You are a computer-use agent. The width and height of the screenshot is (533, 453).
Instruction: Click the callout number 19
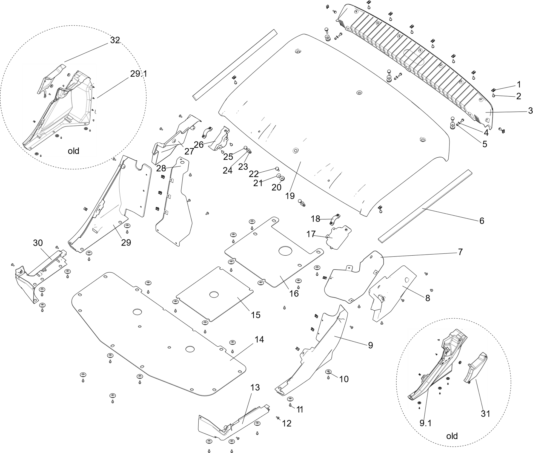pyautogui.click(x=290, y=196)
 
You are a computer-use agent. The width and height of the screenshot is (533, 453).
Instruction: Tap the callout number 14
pyautogui.click(x=259, y=340)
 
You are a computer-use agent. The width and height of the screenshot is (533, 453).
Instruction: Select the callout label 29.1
pyautogui.click(x=139, y=74)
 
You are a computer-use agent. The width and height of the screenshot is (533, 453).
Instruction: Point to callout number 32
pyautogui.click(x=115, y=40)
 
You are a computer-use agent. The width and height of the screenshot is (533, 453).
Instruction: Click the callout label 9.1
pyautogui.click(x=425, y=423)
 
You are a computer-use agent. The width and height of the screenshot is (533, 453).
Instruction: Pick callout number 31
pyautogui.click(x=485, y=414)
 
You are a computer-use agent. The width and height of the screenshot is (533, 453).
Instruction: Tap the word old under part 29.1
pyautogui.click(x=73, y=151)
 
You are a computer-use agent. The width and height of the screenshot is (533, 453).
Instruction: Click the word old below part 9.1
pyautogui.click(x=452, y=436)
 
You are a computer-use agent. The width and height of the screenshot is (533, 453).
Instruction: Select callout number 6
pyautogui.click(x=482, y=221)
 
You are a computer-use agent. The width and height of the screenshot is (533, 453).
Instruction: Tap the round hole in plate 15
pyautogui.click(x=214, y=295)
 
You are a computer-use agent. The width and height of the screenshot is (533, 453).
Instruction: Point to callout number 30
pyautogui.click(x=38, y=243)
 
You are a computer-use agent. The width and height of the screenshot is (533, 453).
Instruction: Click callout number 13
pyautogui.click(x=255, y=388)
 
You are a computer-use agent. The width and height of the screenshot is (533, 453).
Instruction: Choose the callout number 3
pyautogui.click(x=530, y=111)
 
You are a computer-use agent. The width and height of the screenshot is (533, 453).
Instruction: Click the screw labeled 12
pyautogui.click(x=278, y=417)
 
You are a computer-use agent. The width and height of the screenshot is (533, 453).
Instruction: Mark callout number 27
pyautogui.click(x=189, y=151)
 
